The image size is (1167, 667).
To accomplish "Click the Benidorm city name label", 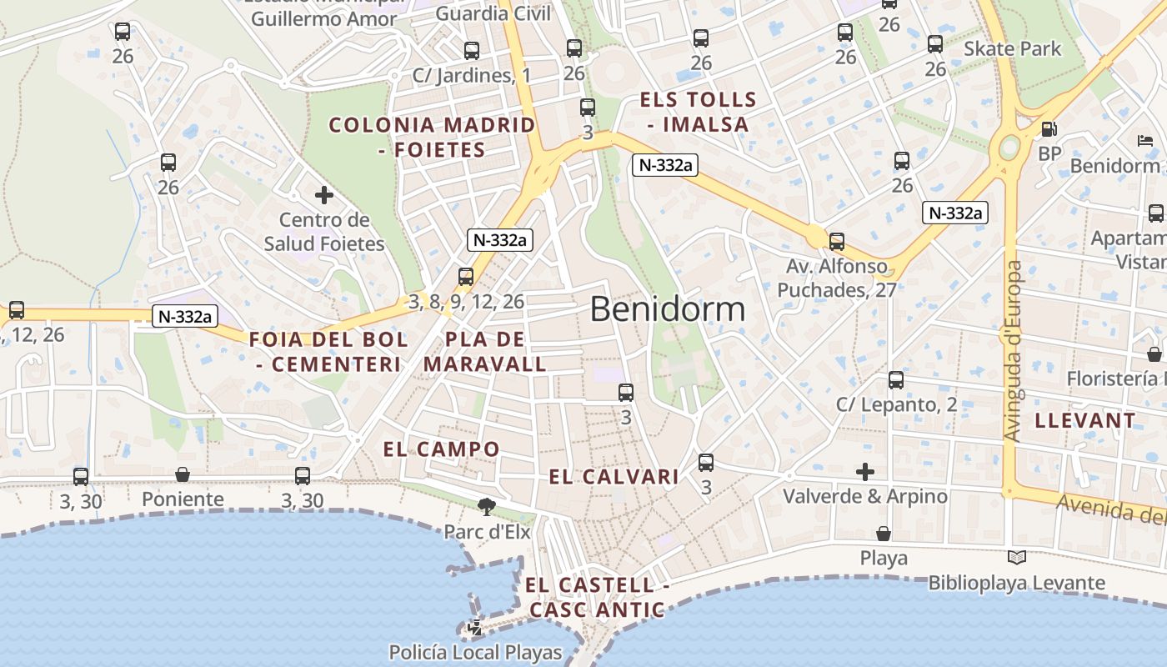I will pos(668,309).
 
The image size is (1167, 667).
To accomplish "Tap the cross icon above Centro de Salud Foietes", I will pos(324,196).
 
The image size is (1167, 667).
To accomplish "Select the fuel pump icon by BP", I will pos(1049,129).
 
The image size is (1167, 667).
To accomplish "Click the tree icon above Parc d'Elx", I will pos(486,506).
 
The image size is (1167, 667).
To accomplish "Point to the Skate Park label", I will pos(1012,49).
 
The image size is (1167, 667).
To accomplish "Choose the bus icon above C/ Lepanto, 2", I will pos(896,380).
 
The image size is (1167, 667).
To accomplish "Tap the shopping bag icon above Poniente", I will pos(183,475).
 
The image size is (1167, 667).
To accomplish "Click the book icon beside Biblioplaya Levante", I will pos(1016,558).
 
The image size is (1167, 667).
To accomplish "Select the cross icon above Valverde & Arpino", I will pos(865,472).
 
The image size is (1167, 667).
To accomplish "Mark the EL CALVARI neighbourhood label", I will pos(614,477).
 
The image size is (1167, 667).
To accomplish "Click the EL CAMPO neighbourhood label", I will pos(441,449).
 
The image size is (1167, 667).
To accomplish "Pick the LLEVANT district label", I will pos(1084,421).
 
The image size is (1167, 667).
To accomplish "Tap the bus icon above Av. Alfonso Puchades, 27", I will pos(837,242).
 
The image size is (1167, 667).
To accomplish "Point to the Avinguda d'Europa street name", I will pos(1013,351).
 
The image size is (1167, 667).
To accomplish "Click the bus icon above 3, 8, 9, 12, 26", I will pos(466,277).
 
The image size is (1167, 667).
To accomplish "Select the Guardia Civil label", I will pos(493,13).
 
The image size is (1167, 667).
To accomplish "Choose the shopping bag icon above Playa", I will pos(884,534).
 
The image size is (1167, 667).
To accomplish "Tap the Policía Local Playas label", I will pos(475,652).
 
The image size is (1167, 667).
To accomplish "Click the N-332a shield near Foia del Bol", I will pos(185,316).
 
